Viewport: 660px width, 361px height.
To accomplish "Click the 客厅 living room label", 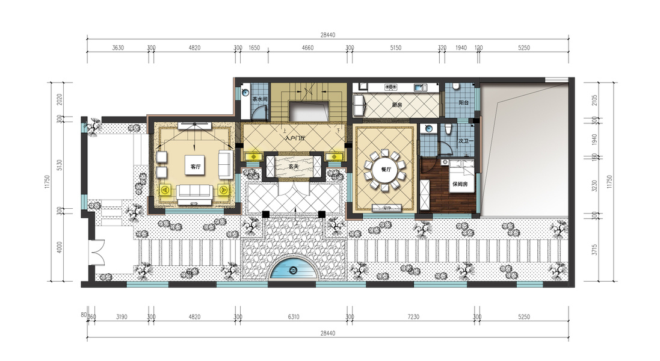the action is tap(196, 167).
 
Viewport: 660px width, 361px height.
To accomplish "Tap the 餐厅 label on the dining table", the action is tap(386, 170).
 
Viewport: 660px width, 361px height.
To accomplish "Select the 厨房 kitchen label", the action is tap(397, 105).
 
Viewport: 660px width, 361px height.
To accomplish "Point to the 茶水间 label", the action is tap(260, 99).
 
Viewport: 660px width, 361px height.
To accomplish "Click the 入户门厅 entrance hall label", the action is tap(295, 138).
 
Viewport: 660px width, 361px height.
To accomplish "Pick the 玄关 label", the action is tap(294, 167).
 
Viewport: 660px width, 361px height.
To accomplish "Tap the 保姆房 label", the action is tap(460, 184).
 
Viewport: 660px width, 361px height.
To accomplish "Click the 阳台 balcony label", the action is tap(463, 102).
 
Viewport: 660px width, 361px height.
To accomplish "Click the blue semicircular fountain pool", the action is tap(293, 270).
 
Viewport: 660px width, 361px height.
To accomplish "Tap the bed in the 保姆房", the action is tap(461, 176).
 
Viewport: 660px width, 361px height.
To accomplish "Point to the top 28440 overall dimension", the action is tap(328, 35).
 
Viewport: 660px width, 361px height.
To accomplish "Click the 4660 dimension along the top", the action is tap(307, 48).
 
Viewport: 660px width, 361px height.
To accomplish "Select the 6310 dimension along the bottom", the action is tap(294, 317).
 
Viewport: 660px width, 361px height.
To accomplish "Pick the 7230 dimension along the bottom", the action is tap(413, 317).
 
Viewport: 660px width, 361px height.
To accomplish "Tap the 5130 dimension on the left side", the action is tap(60, 164).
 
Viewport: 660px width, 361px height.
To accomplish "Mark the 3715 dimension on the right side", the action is tap(594, 250).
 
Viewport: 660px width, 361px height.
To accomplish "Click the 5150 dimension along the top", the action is tap(396, 48).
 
